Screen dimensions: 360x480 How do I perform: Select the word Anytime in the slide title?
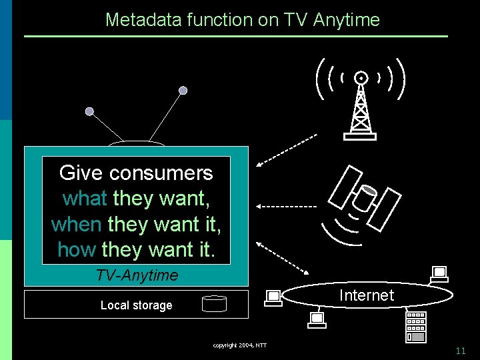pos(345,20)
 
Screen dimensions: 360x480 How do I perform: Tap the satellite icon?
pos(365,197)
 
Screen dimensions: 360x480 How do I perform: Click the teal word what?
pos(85,199)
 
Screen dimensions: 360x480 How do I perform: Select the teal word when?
pos(76,224)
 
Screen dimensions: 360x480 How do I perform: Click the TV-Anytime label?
pos(137,275)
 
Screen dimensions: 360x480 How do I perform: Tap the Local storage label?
pos(136,305)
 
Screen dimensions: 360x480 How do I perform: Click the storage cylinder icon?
pos(214,304)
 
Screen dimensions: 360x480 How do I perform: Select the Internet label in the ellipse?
pos(367,295)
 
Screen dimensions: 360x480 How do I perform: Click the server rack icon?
pos(415,327)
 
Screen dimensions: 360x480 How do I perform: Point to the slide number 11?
pos(461,351)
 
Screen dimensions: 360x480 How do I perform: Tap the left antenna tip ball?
pos(89,112)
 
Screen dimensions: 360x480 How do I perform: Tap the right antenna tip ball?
pos(183,90)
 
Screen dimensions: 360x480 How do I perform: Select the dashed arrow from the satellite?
pos(287,206)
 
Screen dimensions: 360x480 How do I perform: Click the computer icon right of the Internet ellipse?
pos(439,273)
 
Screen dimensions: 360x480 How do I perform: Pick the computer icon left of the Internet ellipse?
pos(273,297)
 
